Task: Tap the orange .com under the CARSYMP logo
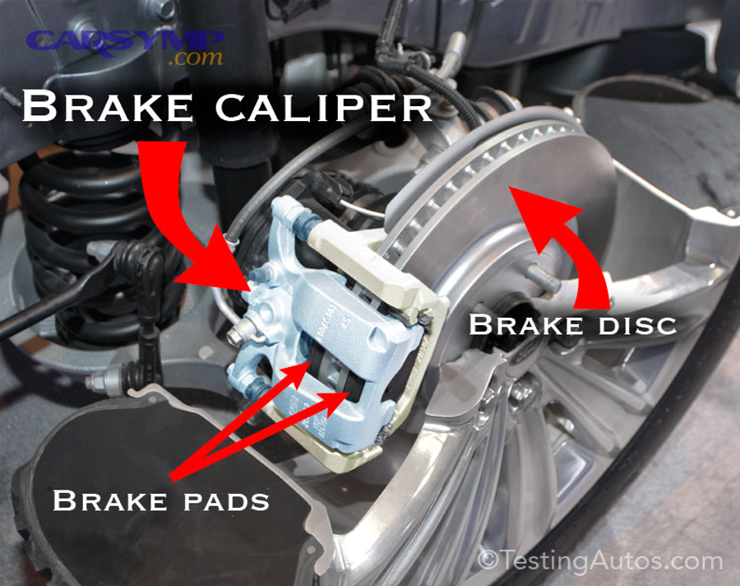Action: pos(195,59)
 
